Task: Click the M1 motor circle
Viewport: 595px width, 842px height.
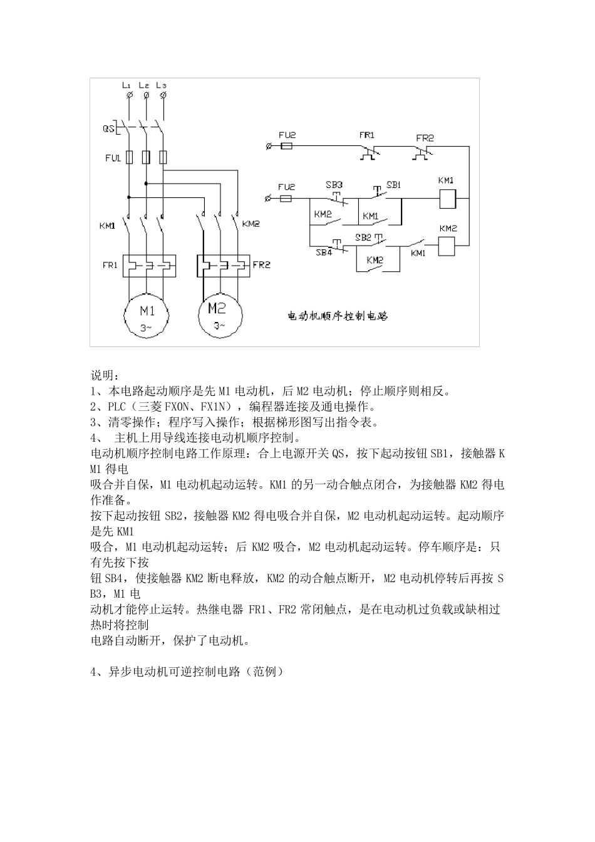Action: [x=147, y=314]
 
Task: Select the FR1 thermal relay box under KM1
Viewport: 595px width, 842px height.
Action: [x=149, y=266]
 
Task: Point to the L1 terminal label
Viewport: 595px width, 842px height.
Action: [x=127, y=85]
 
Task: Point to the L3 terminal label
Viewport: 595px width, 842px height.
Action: [x=162, y=85]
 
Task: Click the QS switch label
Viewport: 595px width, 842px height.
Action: [x=108, y=129]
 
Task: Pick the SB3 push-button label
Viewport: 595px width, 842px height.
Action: [x=334, y=185]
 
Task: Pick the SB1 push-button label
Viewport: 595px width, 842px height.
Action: [x=393, y=185]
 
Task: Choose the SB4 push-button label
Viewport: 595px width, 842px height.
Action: [x=323, y=253]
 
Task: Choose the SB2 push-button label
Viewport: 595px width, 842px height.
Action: [x=363, y=238]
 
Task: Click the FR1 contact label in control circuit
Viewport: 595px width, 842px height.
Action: [x=366, y=135]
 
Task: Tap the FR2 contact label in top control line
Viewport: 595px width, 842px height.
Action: [x=425, y=138]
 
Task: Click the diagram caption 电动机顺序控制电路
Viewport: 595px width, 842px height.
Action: [x=338, y=316]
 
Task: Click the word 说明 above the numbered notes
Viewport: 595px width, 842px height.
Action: [x=104, y=375]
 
